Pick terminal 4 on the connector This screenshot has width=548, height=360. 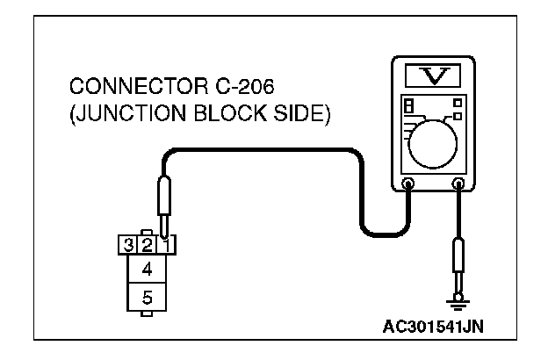tap(147, 267)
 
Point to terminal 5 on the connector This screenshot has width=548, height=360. tap(147, 298)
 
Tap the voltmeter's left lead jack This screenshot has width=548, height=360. tap(408, 184)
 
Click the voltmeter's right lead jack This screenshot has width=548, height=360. tap(458, 184)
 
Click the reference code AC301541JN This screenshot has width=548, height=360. tap(433, 327)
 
